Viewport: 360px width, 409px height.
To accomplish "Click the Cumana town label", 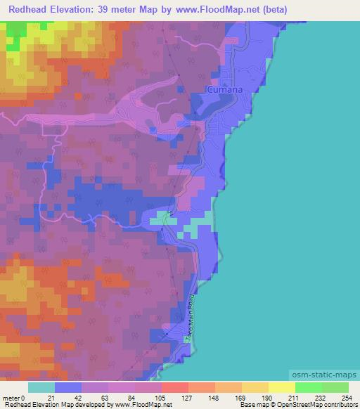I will (x=224, y=89).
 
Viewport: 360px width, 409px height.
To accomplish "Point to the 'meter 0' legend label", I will (x=13, y=398).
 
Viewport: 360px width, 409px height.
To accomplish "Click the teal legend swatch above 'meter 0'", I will (x=41, y=387).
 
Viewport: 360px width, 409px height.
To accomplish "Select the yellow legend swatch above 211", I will (x=281, y=387).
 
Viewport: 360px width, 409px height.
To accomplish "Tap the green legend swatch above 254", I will (x=335, y=387).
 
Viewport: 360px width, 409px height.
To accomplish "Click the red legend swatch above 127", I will (x=174, y=387).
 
